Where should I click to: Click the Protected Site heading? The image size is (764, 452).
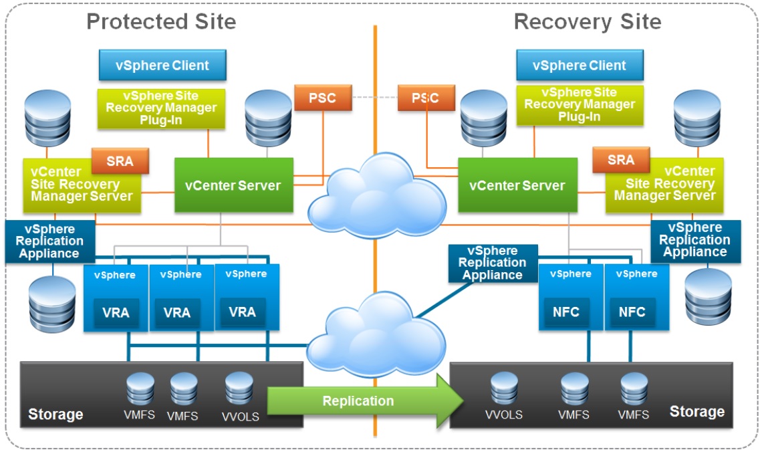coord(161,21)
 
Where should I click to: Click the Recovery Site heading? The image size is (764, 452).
coord(587,21)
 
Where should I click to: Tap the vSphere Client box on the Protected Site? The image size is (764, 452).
coord(162,66)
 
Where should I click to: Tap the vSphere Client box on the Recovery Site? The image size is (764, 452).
coord(580,66)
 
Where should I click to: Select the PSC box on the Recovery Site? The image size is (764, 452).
coord(425,98)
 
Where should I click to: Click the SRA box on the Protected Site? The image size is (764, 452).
coord(120,161)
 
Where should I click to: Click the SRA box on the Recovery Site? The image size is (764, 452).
coord(621,160)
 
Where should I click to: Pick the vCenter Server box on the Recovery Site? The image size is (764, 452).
coord(517,185)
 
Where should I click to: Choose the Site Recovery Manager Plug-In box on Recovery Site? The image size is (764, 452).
coord(580,104)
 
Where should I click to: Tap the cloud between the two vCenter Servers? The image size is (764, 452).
coord(378,194)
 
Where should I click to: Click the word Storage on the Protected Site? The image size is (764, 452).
coord(55,415)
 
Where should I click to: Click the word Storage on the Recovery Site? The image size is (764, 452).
coord(696,411)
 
